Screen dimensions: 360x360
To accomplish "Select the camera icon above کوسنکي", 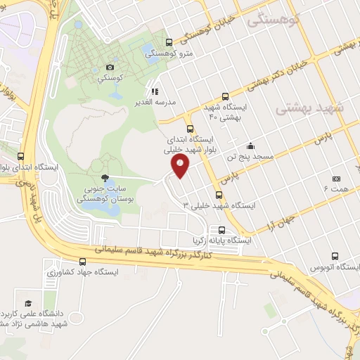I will tap(110, 67).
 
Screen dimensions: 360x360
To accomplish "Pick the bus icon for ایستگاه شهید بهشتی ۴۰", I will tap(225, 96).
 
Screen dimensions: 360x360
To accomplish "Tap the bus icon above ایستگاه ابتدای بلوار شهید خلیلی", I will tap(189, 129).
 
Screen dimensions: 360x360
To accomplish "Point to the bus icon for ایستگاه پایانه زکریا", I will tap(222, 230).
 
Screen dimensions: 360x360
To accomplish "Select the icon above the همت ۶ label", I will tap(336, 179).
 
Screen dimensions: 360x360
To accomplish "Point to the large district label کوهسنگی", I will tap(275, 20).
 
